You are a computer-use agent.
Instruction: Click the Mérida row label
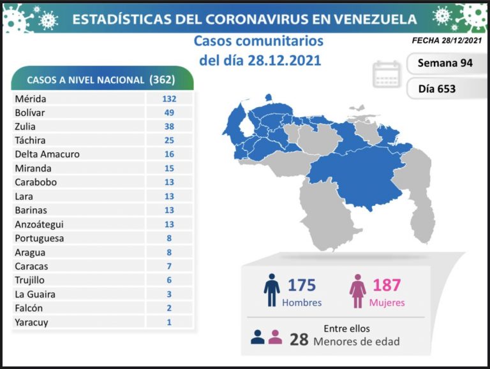point(30,99)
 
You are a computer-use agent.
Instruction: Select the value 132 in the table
point(169,99)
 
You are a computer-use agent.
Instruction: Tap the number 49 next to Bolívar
point(169,113)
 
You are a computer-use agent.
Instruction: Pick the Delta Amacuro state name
point(47,154)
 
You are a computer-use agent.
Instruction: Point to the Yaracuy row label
point(31,322)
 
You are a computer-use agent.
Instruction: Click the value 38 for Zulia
point(169,127)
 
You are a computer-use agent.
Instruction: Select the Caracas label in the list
point(31,266)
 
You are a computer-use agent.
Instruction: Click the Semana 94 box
point(445,63)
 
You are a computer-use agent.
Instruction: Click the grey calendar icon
point(387,75)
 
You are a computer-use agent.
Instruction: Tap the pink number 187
point(387,285)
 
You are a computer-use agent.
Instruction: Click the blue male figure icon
point(272,290)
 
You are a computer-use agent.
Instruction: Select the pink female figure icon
point(357,291)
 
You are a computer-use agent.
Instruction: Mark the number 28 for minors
point(298,340)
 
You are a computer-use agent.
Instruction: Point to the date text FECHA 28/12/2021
point(447,41)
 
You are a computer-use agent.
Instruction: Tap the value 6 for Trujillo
point(169,280)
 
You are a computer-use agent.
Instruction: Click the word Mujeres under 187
point(387,303)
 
